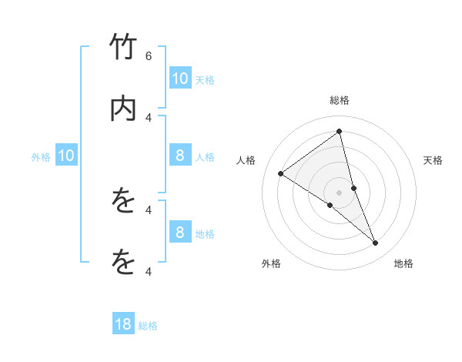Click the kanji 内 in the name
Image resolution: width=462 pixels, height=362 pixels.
click(123, 110)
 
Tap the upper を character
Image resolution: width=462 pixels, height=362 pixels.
click(123, 202)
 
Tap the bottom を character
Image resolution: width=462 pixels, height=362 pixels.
click(123, 262)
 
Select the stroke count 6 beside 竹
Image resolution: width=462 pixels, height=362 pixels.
click(149, 55)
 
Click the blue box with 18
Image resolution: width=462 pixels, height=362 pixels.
click(123, 324)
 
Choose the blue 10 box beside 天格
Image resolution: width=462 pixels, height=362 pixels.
click(179, 78)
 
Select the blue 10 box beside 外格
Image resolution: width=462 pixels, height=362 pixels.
click(66, 156)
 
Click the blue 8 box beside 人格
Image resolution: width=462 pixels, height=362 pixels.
click(179, 156)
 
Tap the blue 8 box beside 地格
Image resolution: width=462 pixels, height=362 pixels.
click(179, 232)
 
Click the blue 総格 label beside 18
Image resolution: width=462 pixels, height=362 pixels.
click(148, 326)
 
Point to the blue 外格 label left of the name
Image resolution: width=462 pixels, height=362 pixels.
click(41, 157)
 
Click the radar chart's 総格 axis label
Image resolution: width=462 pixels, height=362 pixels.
click(339, 101)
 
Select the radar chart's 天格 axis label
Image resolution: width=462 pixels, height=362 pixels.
click(434, 160)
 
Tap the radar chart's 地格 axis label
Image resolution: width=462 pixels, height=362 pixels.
click(404, 264)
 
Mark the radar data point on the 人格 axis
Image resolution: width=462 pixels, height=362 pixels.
click(280, 174)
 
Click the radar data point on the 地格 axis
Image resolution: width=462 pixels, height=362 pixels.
click(376, 243)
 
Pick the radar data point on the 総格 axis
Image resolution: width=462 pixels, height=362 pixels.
click(339, 131)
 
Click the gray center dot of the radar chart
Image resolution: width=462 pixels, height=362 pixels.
click(339, 192)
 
